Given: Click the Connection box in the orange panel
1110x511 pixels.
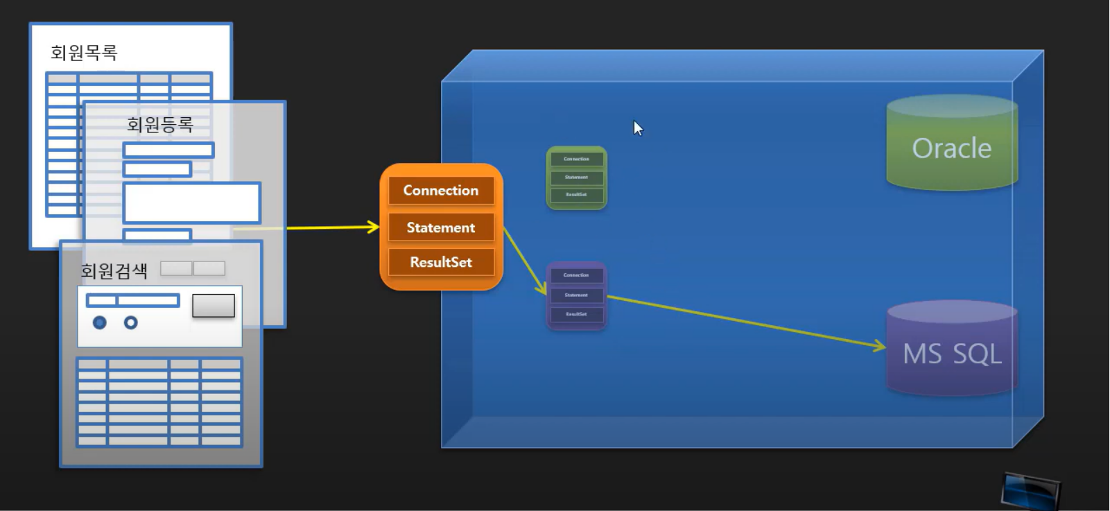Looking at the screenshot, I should tap(441, 191).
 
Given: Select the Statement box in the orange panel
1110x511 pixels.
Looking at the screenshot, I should tap(441, 227).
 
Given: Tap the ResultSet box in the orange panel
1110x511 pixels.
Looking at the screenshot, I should tap(441, 262).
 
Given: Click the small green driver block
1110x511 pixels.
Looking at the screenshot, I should tap(576, 177).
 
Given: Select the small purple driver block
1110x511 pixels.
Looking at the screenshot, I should tap(576, 295).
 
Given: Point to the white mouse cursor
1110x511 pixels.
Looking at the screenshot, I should tap(638, 128).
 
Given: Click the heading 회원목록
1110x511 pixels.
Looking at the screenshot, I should tap(84, 53).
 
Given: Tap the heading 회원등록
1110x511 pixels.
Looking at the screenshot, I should tap(159, 125).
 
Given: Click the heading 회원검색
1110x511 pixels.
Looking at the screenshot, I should tap(114, 271).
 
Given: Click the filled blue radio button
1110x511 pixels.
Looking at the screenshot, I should tap(100, 322).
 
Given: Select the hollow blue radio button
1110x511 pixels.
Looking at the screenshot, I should tap(130, 322).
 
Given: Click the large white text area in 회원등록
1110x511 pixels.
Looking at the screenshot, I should tap(191, 202).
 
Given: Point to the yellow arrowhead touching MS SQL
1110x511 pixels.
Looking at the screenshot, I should tap(881, 346).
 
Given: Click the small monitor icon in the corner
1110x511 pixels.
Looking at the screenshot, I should tap(1030, 490).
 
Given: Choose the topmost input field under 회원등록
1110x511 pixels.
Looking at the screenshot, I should tap(168, 150).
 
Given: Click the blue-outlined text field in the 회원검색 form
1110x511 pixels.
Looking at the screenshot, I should tap(132, 300).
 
